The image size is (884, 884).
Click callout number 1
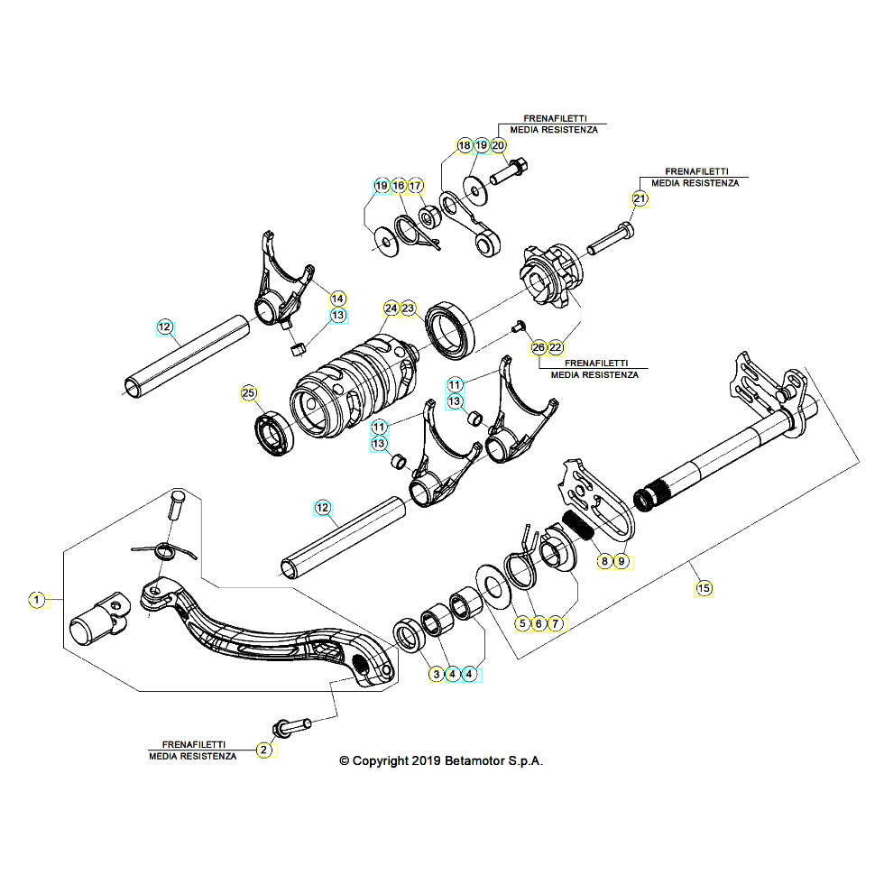click(x=37, y=600)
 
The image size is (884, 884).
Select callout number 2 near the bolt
click(x=263, y=750)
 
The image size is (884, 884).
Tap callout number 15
click(x=704, y=588)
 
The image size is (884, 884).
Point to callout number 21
click(x=640, y=199)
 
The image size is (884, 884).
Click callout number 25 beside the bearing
click(x=249, y=393)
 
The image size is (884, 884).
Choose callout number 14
click(x=337, y=299)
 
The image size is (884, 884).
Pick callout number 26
click(x=539, y=348)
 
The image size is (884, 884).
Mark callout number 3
click(x=437, y=674)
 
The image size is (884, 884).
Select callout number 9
click(x=622, y=561)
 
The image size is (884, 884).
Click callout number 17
click(x=416, y=186)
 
